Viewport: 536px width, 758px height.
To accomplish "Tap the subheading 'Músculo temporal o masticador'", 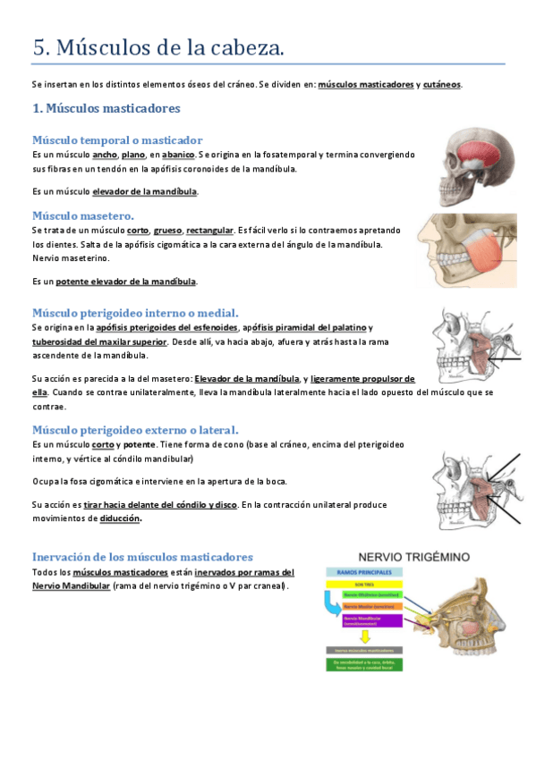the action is pyautogui.click(x=117, y=139).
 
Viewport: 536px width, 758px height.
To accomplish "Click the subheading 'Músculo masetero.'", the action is pyautogui.click(x=83, y=215).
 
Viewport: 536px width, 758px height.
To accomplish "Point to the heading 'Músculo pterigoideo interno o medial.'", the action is pyautogui.click(x=135, y=313).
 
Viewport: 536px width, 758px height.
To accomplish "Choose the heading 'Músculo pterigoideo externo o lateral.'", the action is pyautogui.click(x=135, y=430).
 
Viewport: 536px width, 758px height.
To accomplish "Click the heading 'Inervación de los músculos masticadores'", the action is pyautogui.click(x=142, y=557).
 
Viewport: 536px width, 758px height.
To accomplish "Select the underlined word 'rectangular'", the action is pyautogui.click(x=210, y=230).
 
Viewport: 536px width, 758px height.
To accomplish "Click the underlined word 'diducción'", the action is pyautogui.click(x=121, y=518).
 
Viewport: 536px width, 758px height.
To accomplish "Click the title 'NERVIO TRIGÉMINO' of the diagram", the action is pyautogui.click(x=413, y=556).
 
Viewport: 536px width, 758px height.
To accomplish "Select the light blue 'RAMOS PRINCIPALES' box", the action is pyautogui.click(x=363, y=571).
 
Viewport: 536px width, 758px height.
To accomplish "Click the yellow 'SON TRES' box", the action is pyautogui.click(x=363, y=583).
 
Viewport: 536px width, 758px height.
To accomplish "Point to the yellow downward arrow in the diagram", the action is pyautogui.click(x=363, y=637).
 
